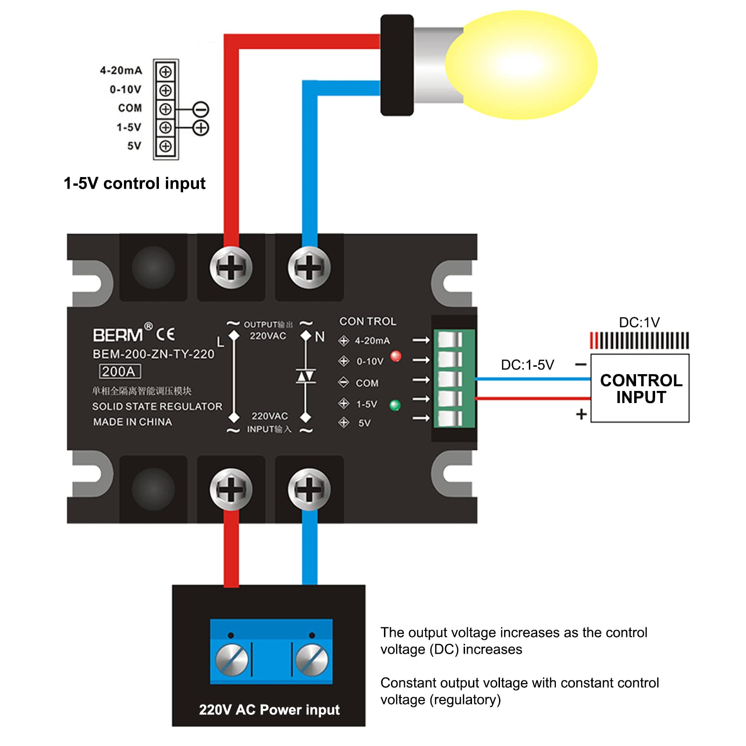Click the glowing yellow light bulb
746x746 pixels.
(521, 65)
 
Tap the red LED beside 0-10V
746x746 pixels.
(396, 356)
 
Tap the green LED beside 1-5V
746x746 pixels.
(395, 405)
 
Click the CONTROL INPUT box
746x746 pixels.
(640, 388)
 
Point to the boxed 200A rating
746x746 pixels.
(120, 371)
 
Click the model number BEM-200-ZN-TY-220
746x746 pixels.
(153, 354)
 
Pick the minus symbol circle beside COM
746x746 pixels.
(201, 110)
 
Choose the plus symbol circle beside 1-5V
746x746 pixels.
(201, 128)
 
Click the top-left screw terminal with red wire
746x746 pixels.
(231, 267)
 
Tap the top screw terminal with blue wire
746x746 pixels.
(309, 267)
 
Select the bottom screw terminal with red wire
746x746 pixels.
(231, 489)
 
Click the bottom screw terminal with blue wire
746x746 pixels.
(309, 489)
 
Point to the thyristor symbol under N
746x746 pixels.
(306, 376)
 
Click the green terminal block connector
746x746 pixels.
(454, 378)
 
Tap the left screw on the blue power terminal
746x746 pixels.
(232, 660)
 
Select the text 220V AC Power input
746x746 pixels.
(269, 710)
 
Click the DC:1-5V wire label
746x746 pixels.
(527, 365)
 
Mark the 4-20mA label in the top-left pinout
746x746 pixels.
(121, 70)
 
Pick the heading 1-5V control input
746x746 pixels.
(135, 183)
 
